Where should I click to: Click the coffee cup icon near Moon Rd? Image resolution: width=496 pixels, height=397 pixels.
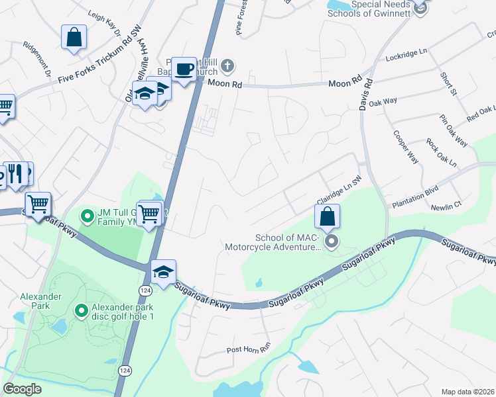[185, 69]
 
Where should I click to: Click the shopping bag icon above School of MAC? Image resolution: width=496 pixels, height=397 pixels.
[327, 216]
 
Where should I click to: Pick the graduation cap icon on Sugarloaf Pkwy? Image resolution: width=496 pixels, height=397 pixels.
[163, 272]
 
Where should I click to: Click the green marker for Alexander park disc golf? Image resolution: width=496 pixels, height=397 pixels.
[82, 310]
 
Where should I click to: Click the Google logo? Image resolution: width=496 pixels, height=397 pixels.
[23, 388]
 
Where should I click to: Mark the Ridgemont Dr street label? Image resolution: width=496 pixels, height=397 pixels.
[36, 58]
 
